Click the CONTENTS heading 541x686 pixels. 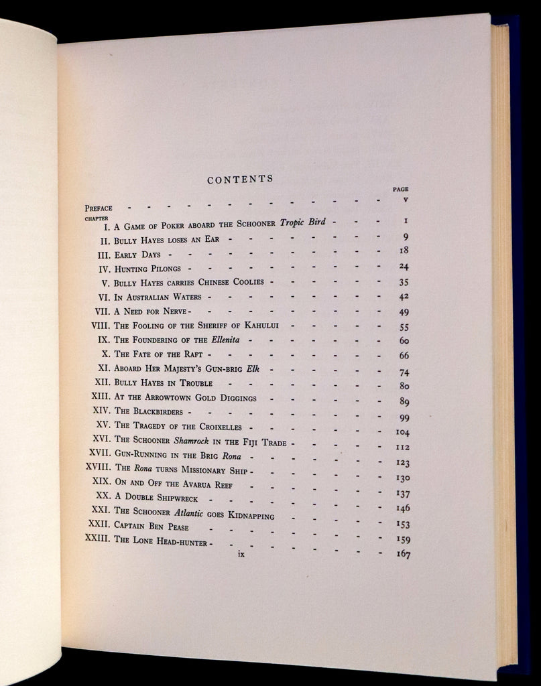pos(240,180)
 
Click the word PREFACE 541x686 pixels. pos(99,208)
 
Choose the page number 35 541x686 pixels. pos(404,282)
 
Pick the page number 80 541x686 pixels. pos(404,386)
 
